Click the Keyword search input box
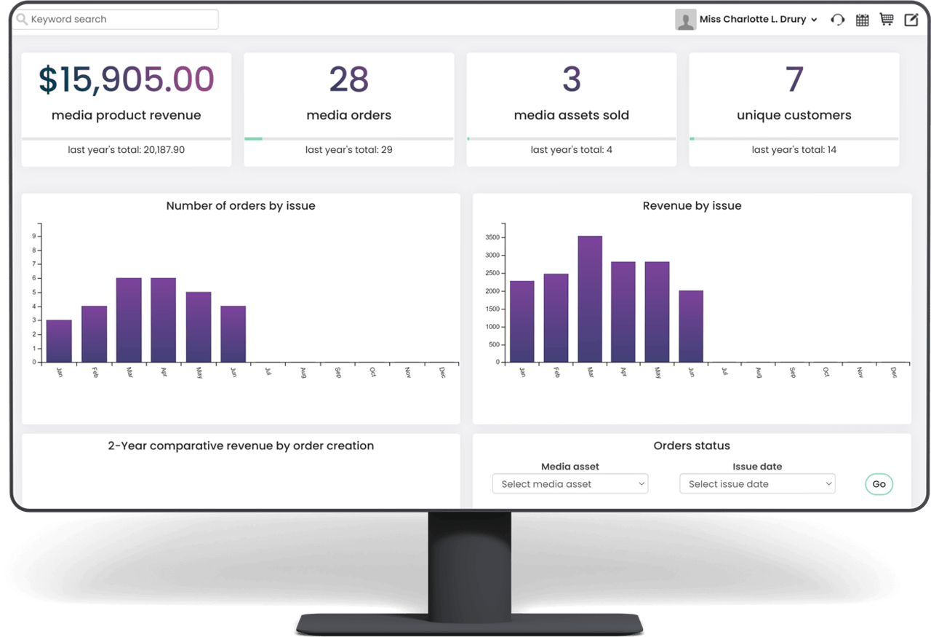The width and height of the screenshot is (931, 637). coord(116,20)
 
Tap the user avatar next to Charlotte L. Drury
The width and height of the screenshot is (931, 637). coord(685,20)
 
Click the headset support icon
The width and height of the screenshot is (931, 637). coord(838,20)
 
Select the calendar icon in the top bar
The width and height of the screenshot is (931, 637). coord(862,20)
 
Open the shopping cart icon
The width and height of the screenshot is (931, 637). coord(886,20)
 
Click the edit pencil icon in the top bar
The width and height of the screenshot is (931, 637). coord(911,20)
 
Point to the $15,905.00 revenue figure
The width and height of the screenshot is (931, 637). coord(127,79)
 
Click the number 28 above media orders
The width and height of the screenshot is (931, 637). coord(349,79)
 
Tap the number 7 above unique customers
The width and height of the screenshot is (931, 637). coord(794,79)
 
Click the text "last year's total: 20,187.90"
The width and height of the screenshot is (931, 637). coord(127,150)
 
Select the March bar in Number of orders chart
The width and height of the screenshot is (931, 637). coord(129,320)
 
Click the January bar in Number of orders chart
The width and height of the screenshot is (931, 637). coord(59,341)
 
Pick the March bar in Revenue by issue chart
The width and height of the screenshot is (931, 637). coord(590,298)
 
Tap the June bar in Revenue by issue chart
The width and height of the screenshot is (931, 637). coord(691,326)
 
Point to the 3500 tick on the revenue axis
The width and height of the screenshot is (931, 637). coord(492,237)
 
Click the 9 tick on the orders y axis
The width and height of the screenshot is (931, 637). coord(33,236)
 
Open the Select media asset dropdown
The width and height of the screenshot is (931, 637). coord(570,484)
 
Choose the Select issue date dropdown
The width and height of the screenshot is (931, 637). coord(757,484)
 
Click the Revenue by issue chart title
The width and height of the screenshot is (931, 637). coord(692,206)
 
